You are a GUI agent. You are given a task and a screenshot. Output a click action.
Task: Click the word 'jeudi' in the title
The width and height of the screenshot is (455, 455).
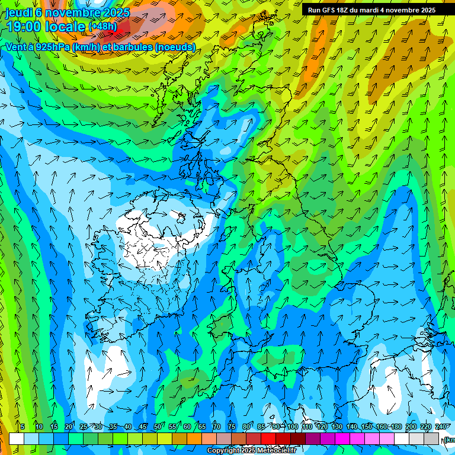[19, 12]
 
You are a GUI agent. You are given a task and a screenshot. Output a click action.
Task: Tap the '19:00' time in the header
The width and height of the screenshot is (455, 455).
[24, 27]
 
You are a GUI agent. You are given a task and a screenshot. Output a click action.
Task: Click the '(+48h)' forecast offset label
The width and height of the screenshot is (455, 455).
[102, 27]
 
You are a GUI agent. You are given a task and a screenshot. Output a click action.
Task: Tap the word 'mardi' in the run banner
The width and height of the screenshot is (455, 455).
[373, 10]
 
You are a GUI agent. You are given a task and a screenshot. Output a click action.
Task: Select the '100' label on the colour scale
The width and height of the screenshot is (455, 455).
[292, 427]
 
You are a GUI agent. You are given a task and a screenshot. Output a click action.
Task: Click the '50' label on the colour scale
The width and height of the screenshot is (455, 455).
[157, 427]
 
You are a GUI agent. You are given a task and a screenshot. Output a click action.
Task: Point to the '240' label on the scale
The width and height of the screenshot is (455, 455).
[440, 427]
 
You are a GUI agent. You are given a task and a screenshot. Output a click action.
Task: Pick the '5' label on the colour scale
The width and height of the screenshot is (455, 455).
[23, 427]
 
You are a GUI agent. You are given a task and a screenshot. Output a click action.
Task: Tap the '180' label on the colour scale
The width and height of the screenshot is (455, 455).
[396, 427]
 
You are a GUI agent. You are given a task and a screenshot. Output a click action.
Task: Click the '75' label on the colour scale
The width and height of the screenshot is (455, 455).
[231, 427]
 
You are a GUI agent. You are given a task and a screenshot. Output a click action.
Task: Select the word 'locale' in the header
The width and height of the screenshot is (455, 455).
[63, 27]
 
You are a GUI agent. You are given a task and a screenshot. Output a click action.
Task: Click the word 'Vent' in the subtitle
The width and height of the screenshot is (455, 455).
[16, 47]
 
